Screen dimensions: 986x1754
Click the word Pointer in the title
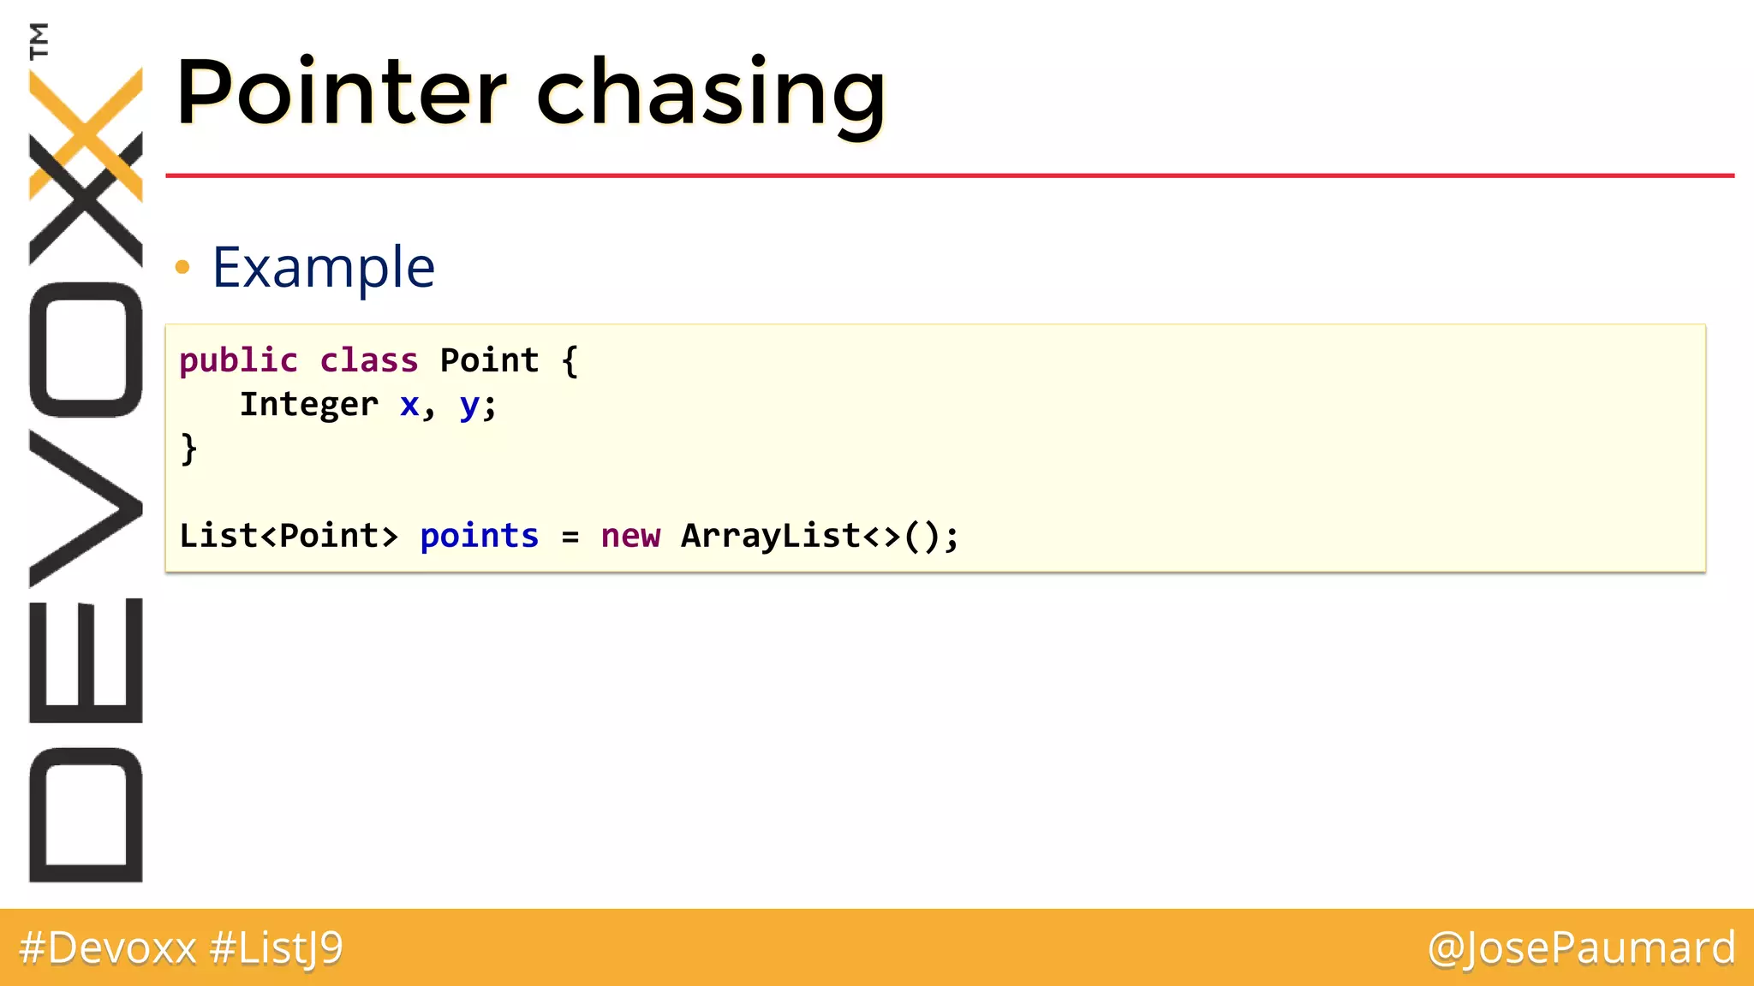[341, 92]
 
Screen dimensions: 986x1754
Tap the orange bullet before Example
[182, 268]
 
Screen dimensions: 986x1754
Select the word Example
[324, 267]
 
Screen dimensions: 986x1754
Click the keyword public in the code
[238, 360]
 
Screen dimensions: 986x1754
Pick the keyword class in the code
[369, 360]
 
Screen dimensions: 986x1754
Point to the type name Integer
[308, 404]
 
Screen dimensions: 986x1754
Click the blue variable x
[409, 404]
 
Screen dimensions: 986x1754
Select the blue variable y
[469, 406]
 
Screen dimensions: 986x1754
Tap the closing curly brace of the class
[188, 448]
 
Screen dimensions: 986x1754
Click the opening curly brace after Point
[570, 360]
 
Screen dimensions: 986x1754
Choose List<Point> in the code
[289, 536]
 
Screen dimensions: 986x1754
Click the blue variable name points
[479, 536]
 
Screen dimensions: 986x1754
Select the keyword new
[630, 536]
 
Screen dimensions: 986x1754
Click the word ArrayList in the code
[771, 536]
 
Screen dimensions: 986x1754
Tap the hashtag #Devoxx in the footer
[108, 947]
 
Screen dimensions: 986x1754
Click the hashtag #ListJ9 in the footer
[276, 948]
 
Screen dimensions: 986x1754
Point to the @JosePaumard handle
[1581, 947]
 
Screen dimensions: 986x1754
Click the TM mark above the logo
[39, 40]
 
